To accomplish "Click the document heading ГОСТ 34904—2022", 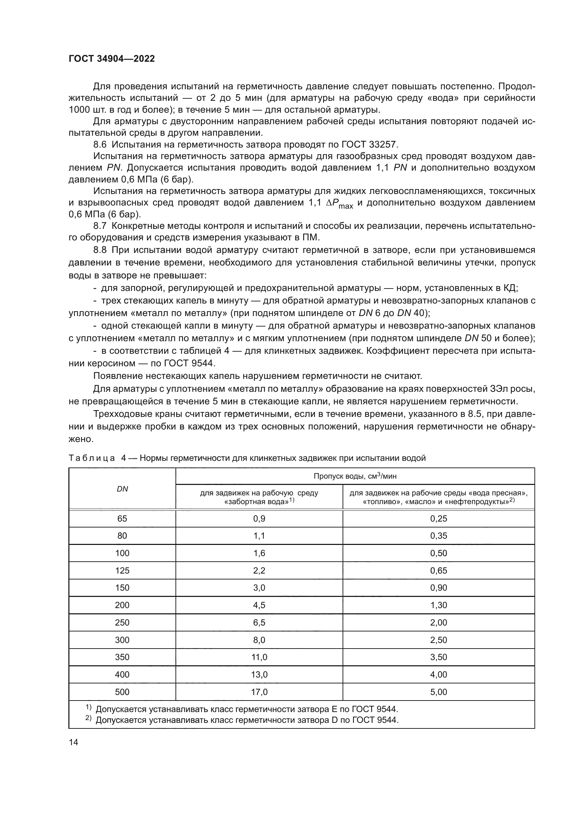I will tap(112, 59).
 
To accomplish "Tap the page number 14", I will tap(74, 742).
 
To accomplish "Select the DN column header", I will tap(122, 489).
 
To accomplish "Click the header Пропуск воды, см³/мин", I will tap(355, 476).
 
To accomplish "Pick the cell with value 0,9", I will tap(259, 518).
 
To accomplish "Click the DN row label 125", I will tap(122, 570).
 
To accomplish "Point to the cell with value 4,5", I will tap(259, 605).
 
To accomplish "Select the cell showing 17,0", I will tap(259, 692).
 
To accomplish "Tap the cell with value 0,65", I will tap(439, 570).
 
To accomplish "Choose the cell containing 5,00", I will tap(439, 692).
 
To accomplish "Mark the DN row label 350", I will tap(122, 657).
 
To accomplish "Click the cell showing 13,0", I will tap(259, 675).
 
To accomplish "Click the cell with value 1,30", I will tap(439, 605).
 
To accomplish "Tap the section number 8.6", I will tap(100, 145).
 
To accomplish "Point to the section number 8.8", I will tap(100, 250).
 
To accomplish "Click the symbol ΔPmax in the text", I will tap(339, 204).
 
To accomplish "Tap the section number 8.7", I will tap(100, 226).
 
